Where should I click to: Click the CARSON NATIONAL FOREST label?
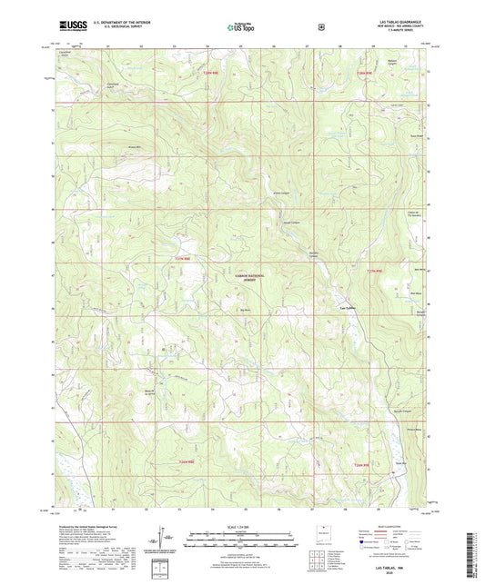244,277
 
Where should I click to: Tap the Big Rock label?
245,310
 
